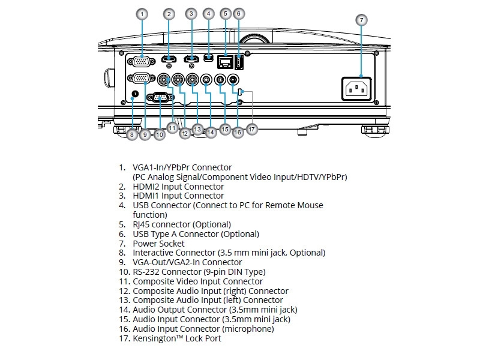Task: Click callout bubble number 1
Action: pyautogui.click(x=142, y=13)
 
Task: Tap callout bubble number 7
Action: pyautogui.click(x=361, y=20)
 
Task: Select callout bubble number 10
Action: pyautogui.click(x=159, y=135)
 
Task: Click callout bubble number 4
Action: pyautogui.click(x=208, y=13)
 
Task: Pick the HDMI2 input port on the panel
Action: pyautogui.click(x=169, y=59)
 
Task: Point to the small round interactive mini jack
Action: pyautogui.click(x=134, y=94)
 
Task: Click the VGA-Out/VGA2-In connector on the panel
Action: pyautogui.click(x=142, y=78)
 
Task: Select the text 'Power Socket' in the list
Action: pyautogui.click(x=158, y=244)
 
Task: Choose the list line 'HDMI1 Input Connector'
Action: pyautogui.click(x=178, y=196)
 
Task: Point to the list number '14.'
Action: pyautogui.click(x=123, y=310)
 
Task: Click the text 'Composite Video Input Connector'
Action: pyautogui.click(x=197, y=281)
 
